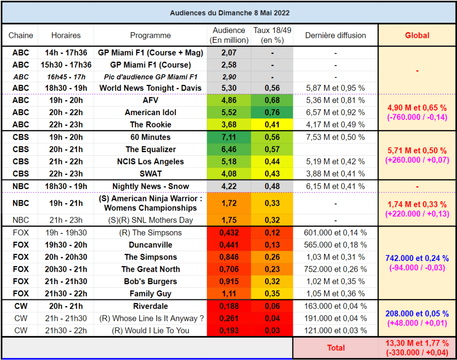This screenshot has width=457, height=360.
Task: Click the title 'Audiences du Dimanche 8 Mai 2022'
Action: pyautogui.click(x=230, y=13)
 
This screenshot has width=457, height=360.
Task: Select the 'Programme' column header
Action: pyautogui.click(x=150, y=35)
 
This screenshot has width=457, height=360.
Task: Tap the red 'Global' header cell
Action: pyautogui.click(x=417, y=35)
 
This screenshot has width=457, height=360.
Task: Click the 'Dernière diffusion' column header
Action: pyautogui.click(x=336, y=35)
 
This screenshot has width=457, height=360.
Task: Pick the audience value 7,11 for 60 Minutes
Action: pyautogui.click(x=229, y=137)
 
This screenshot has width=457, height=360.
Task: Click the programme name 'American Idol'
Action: pyautogui.click(x=151, y=112)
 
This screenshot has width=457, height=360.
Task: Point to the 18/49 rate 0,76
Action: pyautogui.click(x=272, y=112)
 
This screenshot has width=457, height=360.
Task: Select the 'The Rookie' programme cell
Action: pyautogui.click(x=151, y=124)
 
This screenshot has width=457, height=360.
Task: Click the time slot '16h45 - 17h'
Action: pyautogui.click(x=66, y=77)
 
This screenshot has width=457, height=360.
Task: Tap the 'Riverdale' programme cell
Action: pyautogui.click(x=150, y=306)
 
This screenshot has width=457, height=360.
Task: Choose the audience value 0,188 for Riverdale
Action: pyautogui.click(x=229, y=306)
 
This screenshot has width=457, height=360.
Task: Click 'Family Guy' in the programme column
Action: pyautogui.click(x=150, y=294)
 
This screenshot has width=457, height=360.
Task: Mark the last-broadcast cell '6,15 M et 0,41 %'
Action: pyautogui.click(x=336, y=186)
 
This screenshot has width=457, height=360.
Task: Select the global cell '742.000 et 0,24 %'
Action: pyautogui.click(x=417, y=258)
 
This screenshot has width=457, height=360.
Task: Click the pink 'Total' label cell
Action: pyautogui.click(x=336, y=348)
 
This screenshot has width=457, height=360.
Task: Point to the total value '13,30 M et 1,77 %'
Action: pyautogui.click(x=417, y=343)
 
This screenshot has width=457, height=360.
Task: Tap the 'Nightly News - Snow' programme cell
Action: pyautogui.click(x=151, y=186)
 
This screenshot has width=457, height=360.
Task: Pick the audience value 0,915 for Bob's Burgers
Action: pyautogui.click(x=229, y=281)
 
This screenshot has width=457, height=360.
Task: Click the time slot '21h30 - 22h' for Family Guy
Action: pyautogui.click(x=66, y=294)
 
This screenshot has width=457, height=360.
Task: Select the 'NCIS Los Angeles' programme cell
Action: pyautogui.click(x=150, y=161)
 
